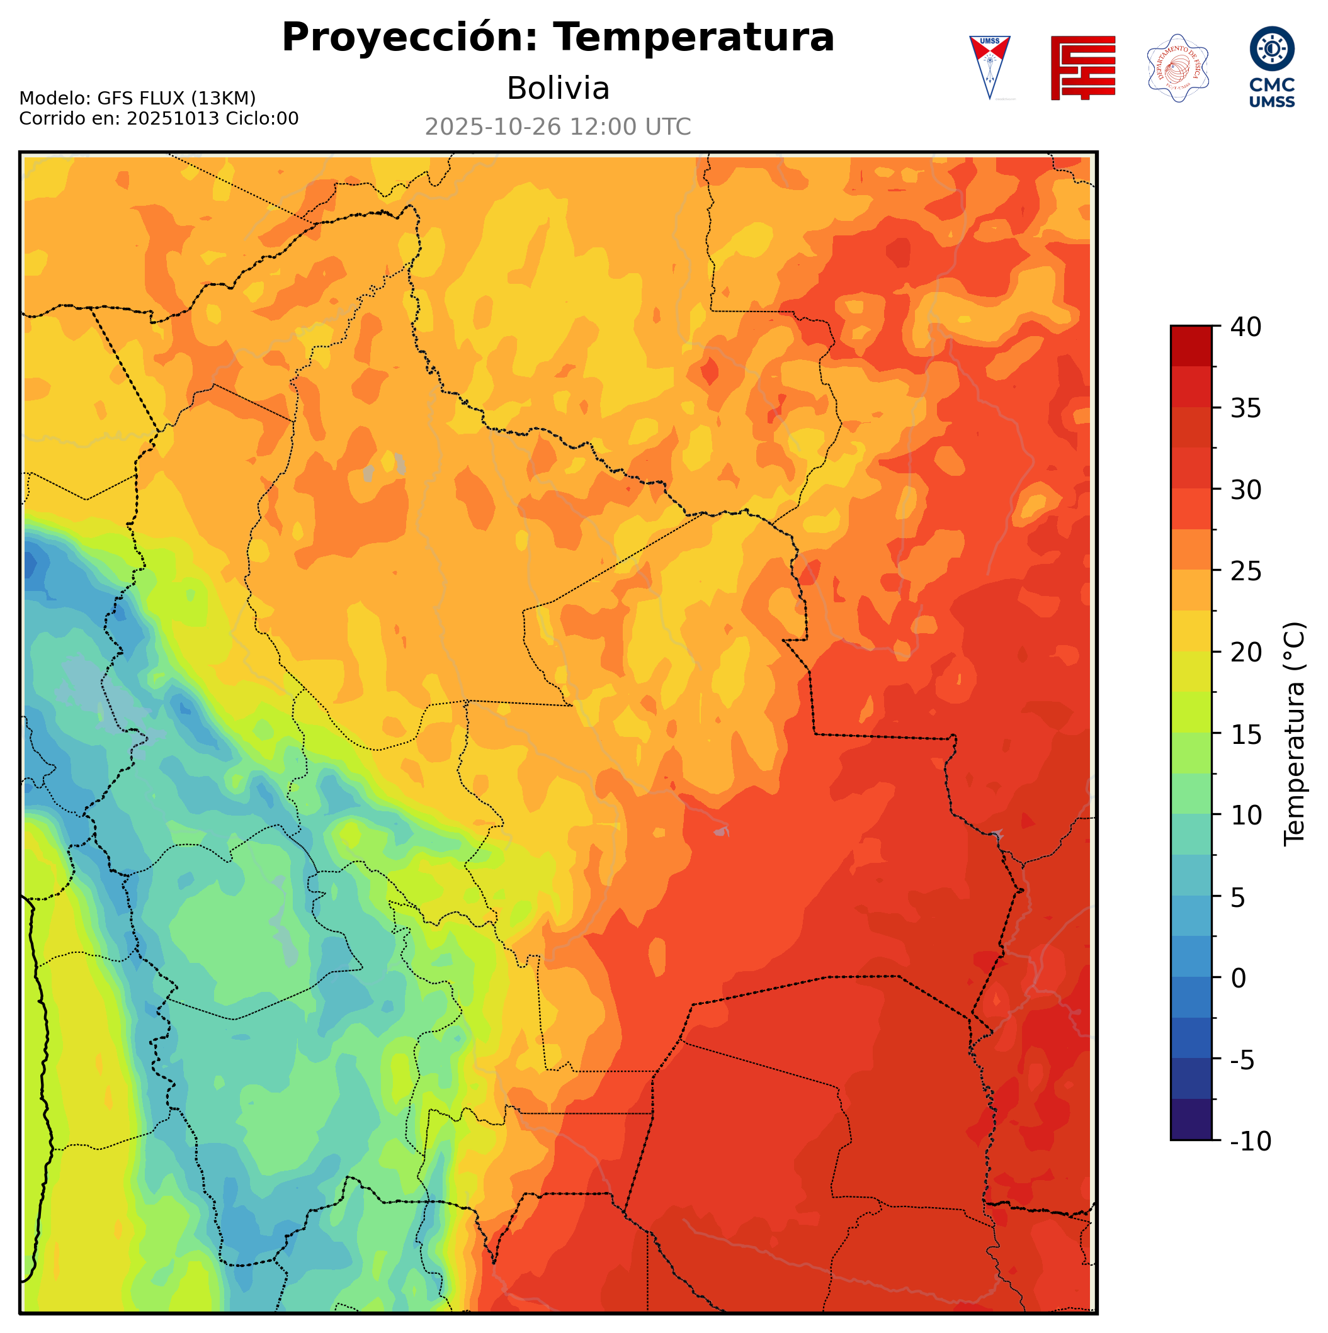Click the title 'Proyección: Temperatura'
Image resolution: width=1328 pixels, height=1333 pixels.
pos(558,37)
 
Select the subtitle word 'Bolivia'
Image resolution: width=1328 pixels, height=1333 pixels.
pos(558,88)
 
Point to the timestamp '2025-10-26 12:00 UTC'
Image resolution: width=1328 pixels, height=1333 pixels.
pos(558,127)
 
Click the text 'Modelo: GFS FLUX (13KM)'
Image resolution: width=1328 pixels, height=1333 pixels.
pos(137,99)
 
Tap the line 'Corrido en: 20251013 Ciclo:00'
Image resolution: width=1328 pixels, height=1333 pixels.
pos(159,119)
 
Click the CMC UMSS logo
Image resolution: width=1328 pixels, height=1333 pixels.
pos(1271,67)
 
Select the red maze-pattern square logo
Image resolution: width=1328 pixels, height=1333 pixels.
pos(1082,67)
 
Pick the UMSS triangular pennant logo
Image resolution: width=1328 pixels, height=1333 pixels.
pos(989,67)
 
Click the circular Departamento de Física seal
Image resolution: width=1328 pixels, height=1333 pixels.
pos(1177,67)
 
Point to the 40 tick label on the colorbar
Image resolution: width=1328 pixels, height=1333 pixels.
pos(1246,327)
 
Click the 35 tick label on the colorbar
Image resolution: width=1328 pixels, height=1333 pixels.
pos(1246,408)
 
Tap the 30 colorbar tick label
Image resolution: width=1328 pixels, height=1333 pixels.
pos(1246,490)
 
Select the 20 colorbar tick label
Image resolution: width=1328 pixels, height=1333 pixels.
pos(1246,652)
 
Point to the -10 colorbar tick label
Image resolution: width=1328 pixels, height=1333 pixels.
pos(1250,1141)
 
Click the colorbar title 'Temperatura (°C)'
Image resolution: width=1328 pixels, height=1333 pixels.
pos(1294,733)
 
